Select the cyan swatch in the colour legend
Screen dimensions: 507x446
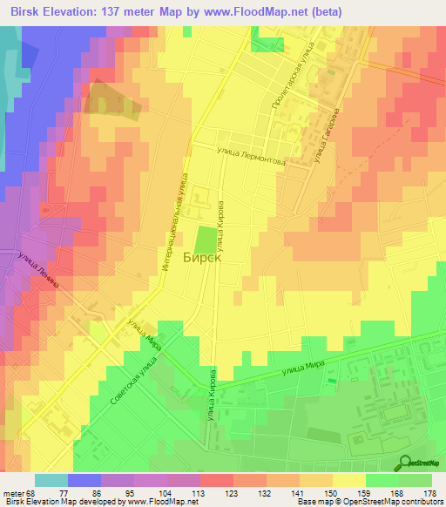point(51,480)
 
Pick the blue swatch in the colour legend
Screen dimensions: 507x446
point(84,480)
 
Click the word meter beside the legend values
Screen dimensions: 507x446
point(15,492)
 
